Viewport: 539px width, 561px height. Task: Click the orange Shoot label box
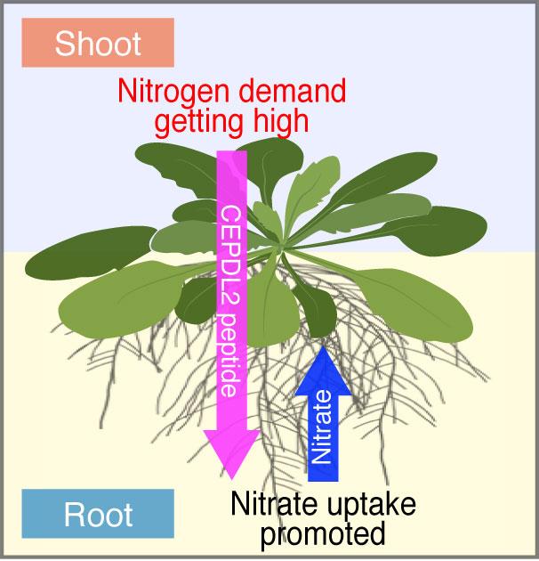click(97, 44)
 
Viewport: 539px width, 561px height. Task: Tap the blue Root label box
click(97, 514)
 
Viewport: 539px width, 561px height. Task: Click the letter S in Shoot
click(64, 44)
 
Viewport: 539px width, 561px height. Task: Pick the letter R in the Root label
click(73, 514)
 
